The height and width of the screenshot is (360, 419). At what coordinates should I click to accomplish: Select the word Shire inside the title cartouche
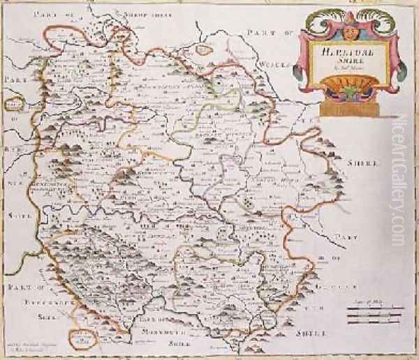click(x=341, y=61)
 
